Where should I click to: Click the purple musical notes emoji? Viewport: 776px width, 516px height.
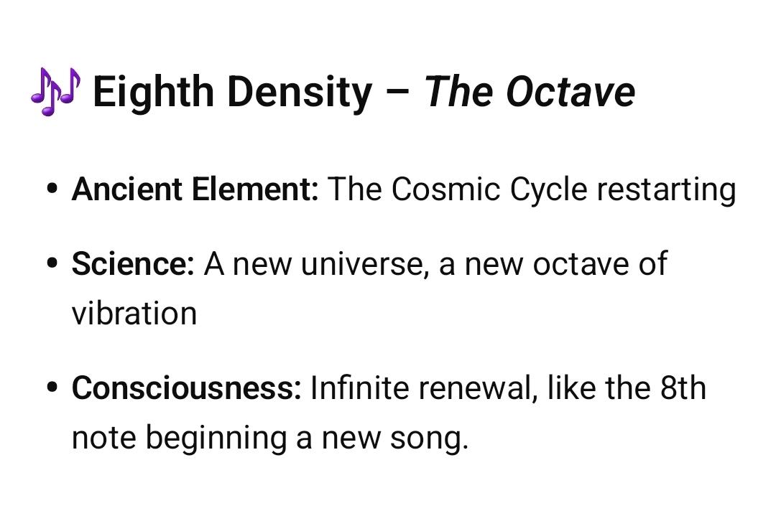pos(55,91)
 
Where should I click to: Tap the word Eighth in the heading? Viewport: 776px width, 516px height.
pos(153,93)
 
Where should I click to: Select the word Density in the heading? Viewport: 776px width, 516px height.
pos(300,93)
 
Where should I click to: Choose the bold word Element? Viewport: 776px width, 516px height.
pos(255,189)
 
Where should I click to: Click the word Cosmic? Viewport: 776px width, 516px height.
pos(445,189)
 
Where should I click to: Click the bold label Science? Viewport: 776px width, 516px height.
pos(133,263)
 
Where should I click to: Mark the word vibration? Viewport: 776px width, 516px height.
pos(134,313)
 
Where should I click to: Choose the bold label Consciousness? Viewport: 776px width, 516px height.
pos(186,388)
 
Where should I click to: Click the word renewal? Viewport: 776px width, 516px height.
pos(478,388)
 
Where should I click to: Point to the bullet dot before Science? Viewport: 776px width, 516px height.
pos(52,263)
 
